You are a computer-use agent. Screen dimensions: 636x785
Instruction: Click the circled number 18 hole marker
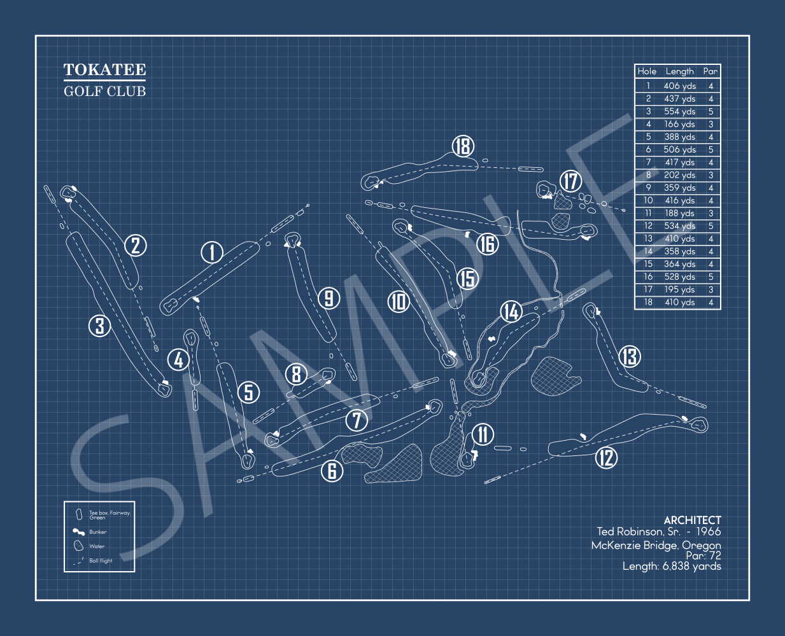[x=463, y=146]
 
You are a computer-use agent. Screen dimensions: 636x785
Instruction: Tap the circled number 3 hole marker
[x=100, y=326]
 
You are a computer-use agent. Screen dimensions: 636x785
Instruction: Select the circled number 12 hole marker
[x=606, y=457]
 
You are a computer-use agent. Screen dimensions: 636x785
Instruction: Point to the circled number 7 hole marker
[x=357, y=420]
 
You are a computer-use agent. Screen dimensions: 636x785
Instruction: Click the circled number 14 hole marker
[x=511, y=312]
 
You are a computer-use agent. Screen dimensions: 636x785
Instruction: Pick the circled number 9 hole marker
[x=329, y=298]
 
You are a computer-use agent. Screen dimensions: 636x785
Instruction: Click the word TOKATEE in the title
[x=104, y=70]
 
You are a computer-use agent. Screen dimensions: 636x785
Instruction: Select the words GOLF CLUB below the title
[x=105, y=92]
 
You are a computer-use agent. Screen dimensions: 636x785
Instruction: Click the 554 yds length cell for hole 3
[x=679, y=111]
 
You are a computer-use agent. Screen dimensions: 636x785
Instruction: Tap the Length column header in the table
[x=679, y=71]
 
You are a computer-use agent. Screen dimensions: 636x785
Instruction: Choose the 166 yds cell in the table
[x=679, y=124]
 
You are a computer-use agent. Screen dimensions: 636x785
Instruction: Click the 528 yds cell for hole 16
[x=679, y=277]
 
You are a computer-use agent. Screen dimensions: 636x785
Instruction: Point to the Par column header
[x=711, y=71]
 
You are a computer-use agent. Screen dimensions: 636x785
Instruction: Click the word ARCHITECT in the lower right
[x=692, y=520]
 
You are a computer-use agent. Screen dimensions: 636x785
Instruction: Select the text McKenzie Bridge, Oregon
[x=656, y=545]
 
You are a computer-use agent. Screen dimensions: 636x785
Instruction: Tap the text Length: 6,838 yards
[x=672, y=566]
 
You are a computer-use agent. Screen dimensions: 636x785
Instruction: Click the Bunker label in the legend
[x=98, y=532]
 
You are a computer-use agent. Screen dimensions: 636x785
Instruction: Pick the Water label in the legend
[x=97, y=546]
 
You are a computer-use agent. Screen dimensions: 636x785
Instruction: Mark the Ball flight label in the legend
[x=101, y=561]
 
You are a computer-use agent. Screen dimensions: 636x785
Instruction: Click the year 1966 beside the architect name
[x=708, y=532]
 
